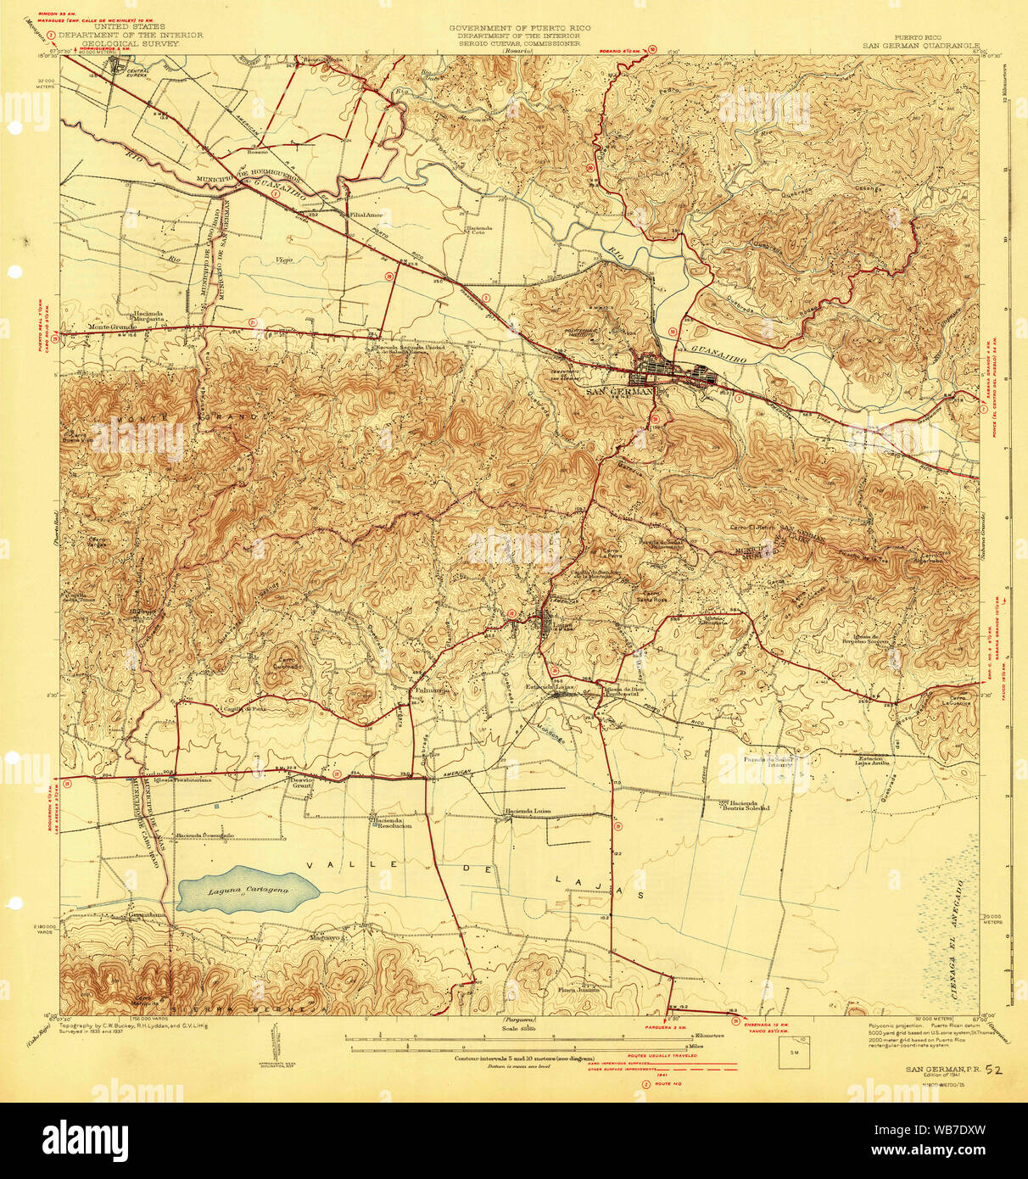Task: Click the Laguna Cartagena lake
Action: click(248, 890)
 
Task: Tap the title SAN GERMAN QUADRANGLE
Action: click(920, 46)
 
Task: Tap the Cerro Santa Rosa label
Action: click(651, 596)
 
